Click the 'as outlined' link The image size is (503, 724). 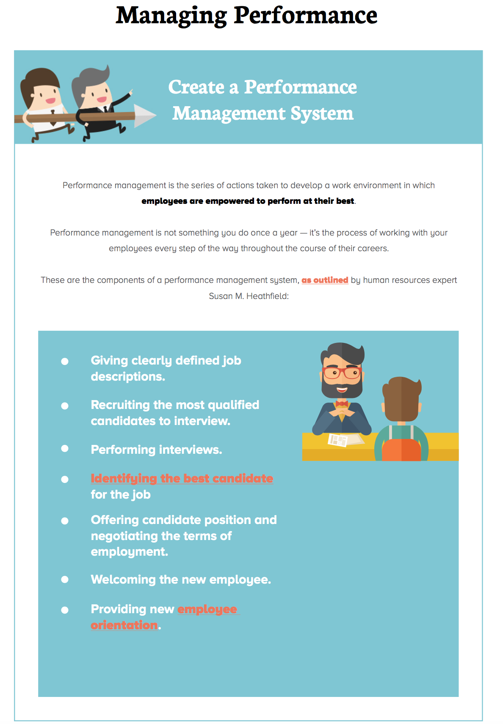coord(325,280)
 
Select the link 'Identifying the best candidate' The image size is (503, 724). coord(182,478)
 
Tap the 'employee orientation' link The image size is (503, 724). coord(207,609)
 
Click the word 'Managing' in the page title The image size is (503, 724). coord(171,16)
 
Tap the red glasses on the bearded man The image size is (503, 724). coord(342,373)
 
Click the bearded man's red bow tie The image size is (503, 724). coord(342,404)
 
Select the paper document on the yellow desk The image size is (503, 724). coord(339,440)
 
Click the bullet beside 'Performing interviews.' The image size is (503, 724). coord(65,448)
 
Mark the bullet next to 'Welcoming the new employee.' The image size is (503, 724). coord(65,579)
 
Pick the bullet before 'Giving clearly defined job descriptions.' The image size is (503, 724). coord(65,361)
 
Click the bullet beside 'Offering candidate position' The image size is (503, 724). coord(65,521)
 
